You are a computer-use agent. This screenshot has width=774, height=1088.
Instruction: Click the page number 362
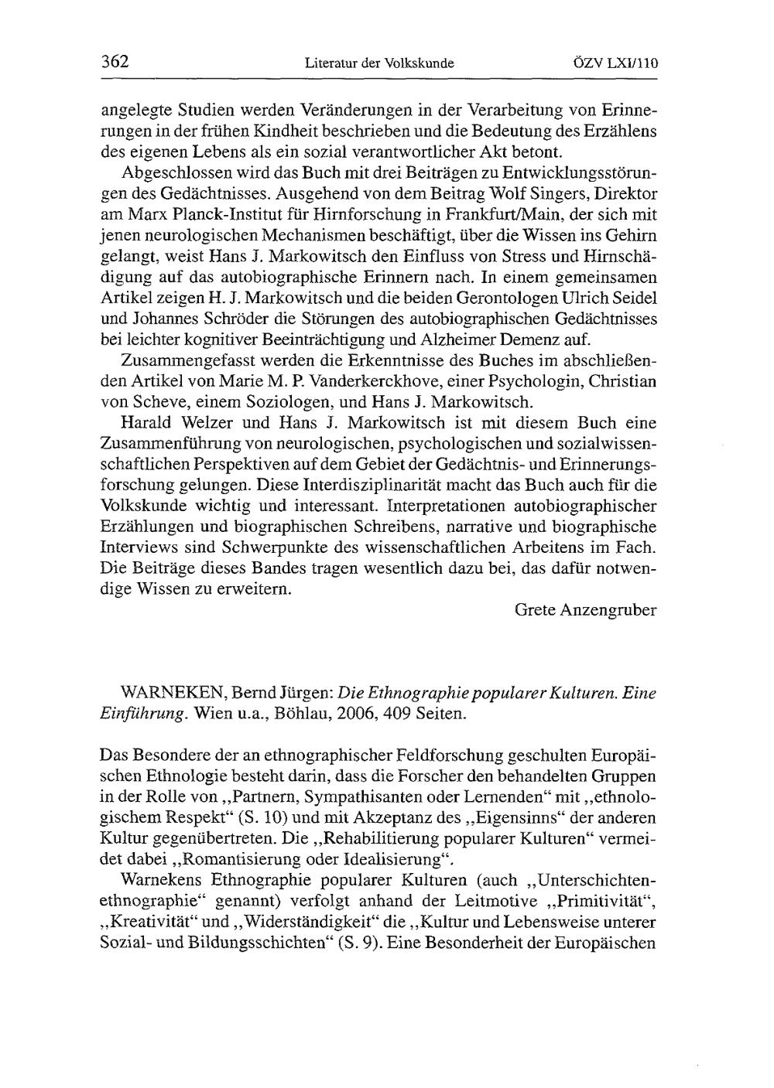[x=115, y=62]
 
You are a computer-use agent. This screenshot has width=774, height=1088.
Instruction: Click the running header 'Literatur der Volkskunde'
[x=379, y=63]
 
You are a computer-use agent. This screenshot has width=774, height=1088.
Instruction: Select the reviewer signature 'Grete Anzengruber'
[x=586, y=609]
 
